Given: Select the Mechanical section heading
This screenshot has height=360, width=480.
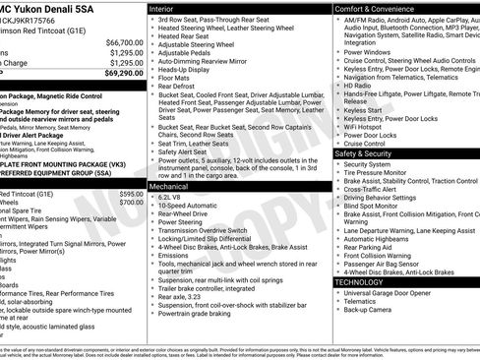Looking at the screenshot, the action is (x=170, y=185).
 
